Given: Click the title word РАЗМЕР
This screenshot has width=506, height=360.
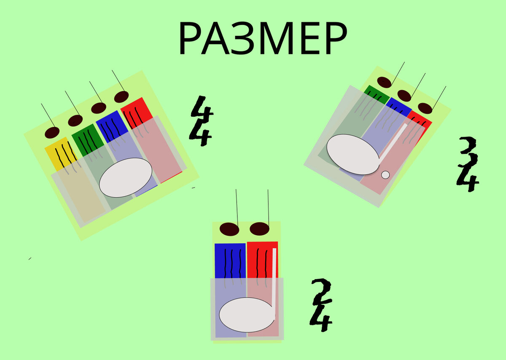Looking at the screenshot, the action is click(x=262, y=39).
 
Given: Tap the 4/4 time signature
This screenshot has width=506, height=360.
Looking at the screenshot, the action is click(x=201, y=121).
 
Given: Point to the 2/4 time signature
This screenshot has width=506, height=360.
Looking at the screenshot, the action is click(x=321, y=305).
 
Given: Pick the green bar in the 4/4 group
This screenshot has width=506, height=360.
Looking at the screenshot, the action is click(x=86, y=140).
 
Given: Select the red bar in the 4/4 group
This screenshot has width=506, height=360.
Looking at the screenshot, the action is click(x=137, y=111).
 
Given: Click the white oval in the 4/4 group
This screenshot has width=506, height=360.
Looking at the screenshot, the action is click(x=126, y=177).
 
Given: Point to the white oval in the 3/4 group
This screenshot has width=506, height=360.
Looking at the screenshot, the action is click(x=353, y=154).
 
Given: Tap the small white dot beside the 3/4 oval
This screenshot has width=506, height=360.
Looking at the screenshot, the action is click(x=385, y=175).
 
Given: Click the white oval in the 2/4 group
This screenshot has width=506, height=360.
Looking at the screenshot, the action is click(x=247, y=314).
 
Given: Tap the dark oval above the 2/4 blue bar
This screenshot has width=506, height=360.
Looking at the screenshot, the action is click(x=230, y=229).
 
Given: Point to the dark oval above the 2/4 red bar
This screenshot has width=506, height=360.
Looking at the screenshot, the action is click(x=259, y=229).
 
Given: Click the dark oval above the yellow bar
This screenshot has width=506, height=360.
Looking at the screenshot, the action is click(x=52, y=132).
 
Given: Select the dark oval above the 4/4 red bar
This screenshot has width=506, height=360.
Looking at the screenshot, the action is click(x=121, y=97).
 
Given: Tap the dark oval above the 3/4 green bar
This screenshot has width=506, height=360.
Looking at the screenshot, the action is click(x=384, y=82).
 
